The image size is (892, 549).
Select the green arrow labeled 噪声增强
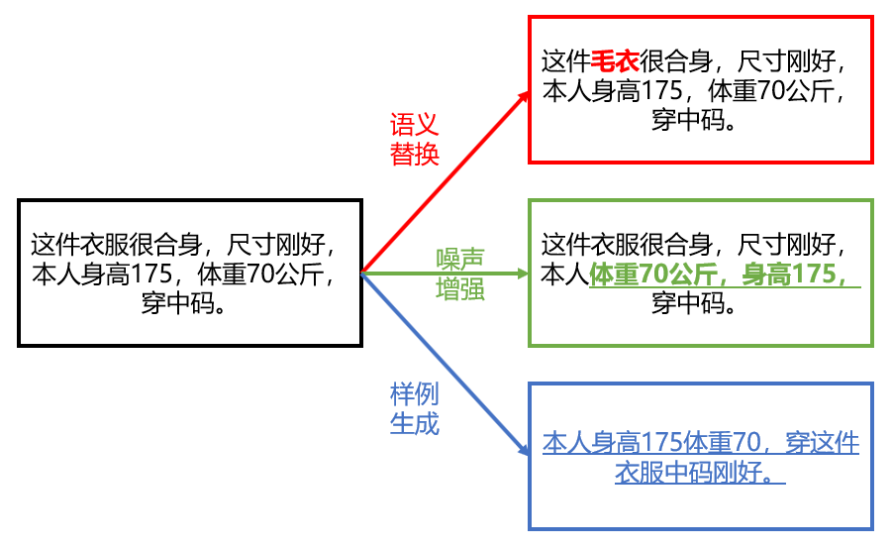446,272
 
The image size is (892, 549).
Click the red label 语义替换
414,140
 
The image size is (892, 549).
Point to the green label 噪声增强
460,274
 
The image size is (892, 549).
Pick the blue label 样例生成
414,408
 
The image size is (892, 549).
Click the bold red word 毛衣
615,62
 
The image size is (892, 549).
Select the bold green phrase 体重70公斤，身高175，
725,274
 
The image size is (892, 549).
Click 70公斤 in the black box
287,274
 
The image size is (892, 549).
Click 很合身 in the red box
676,62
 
